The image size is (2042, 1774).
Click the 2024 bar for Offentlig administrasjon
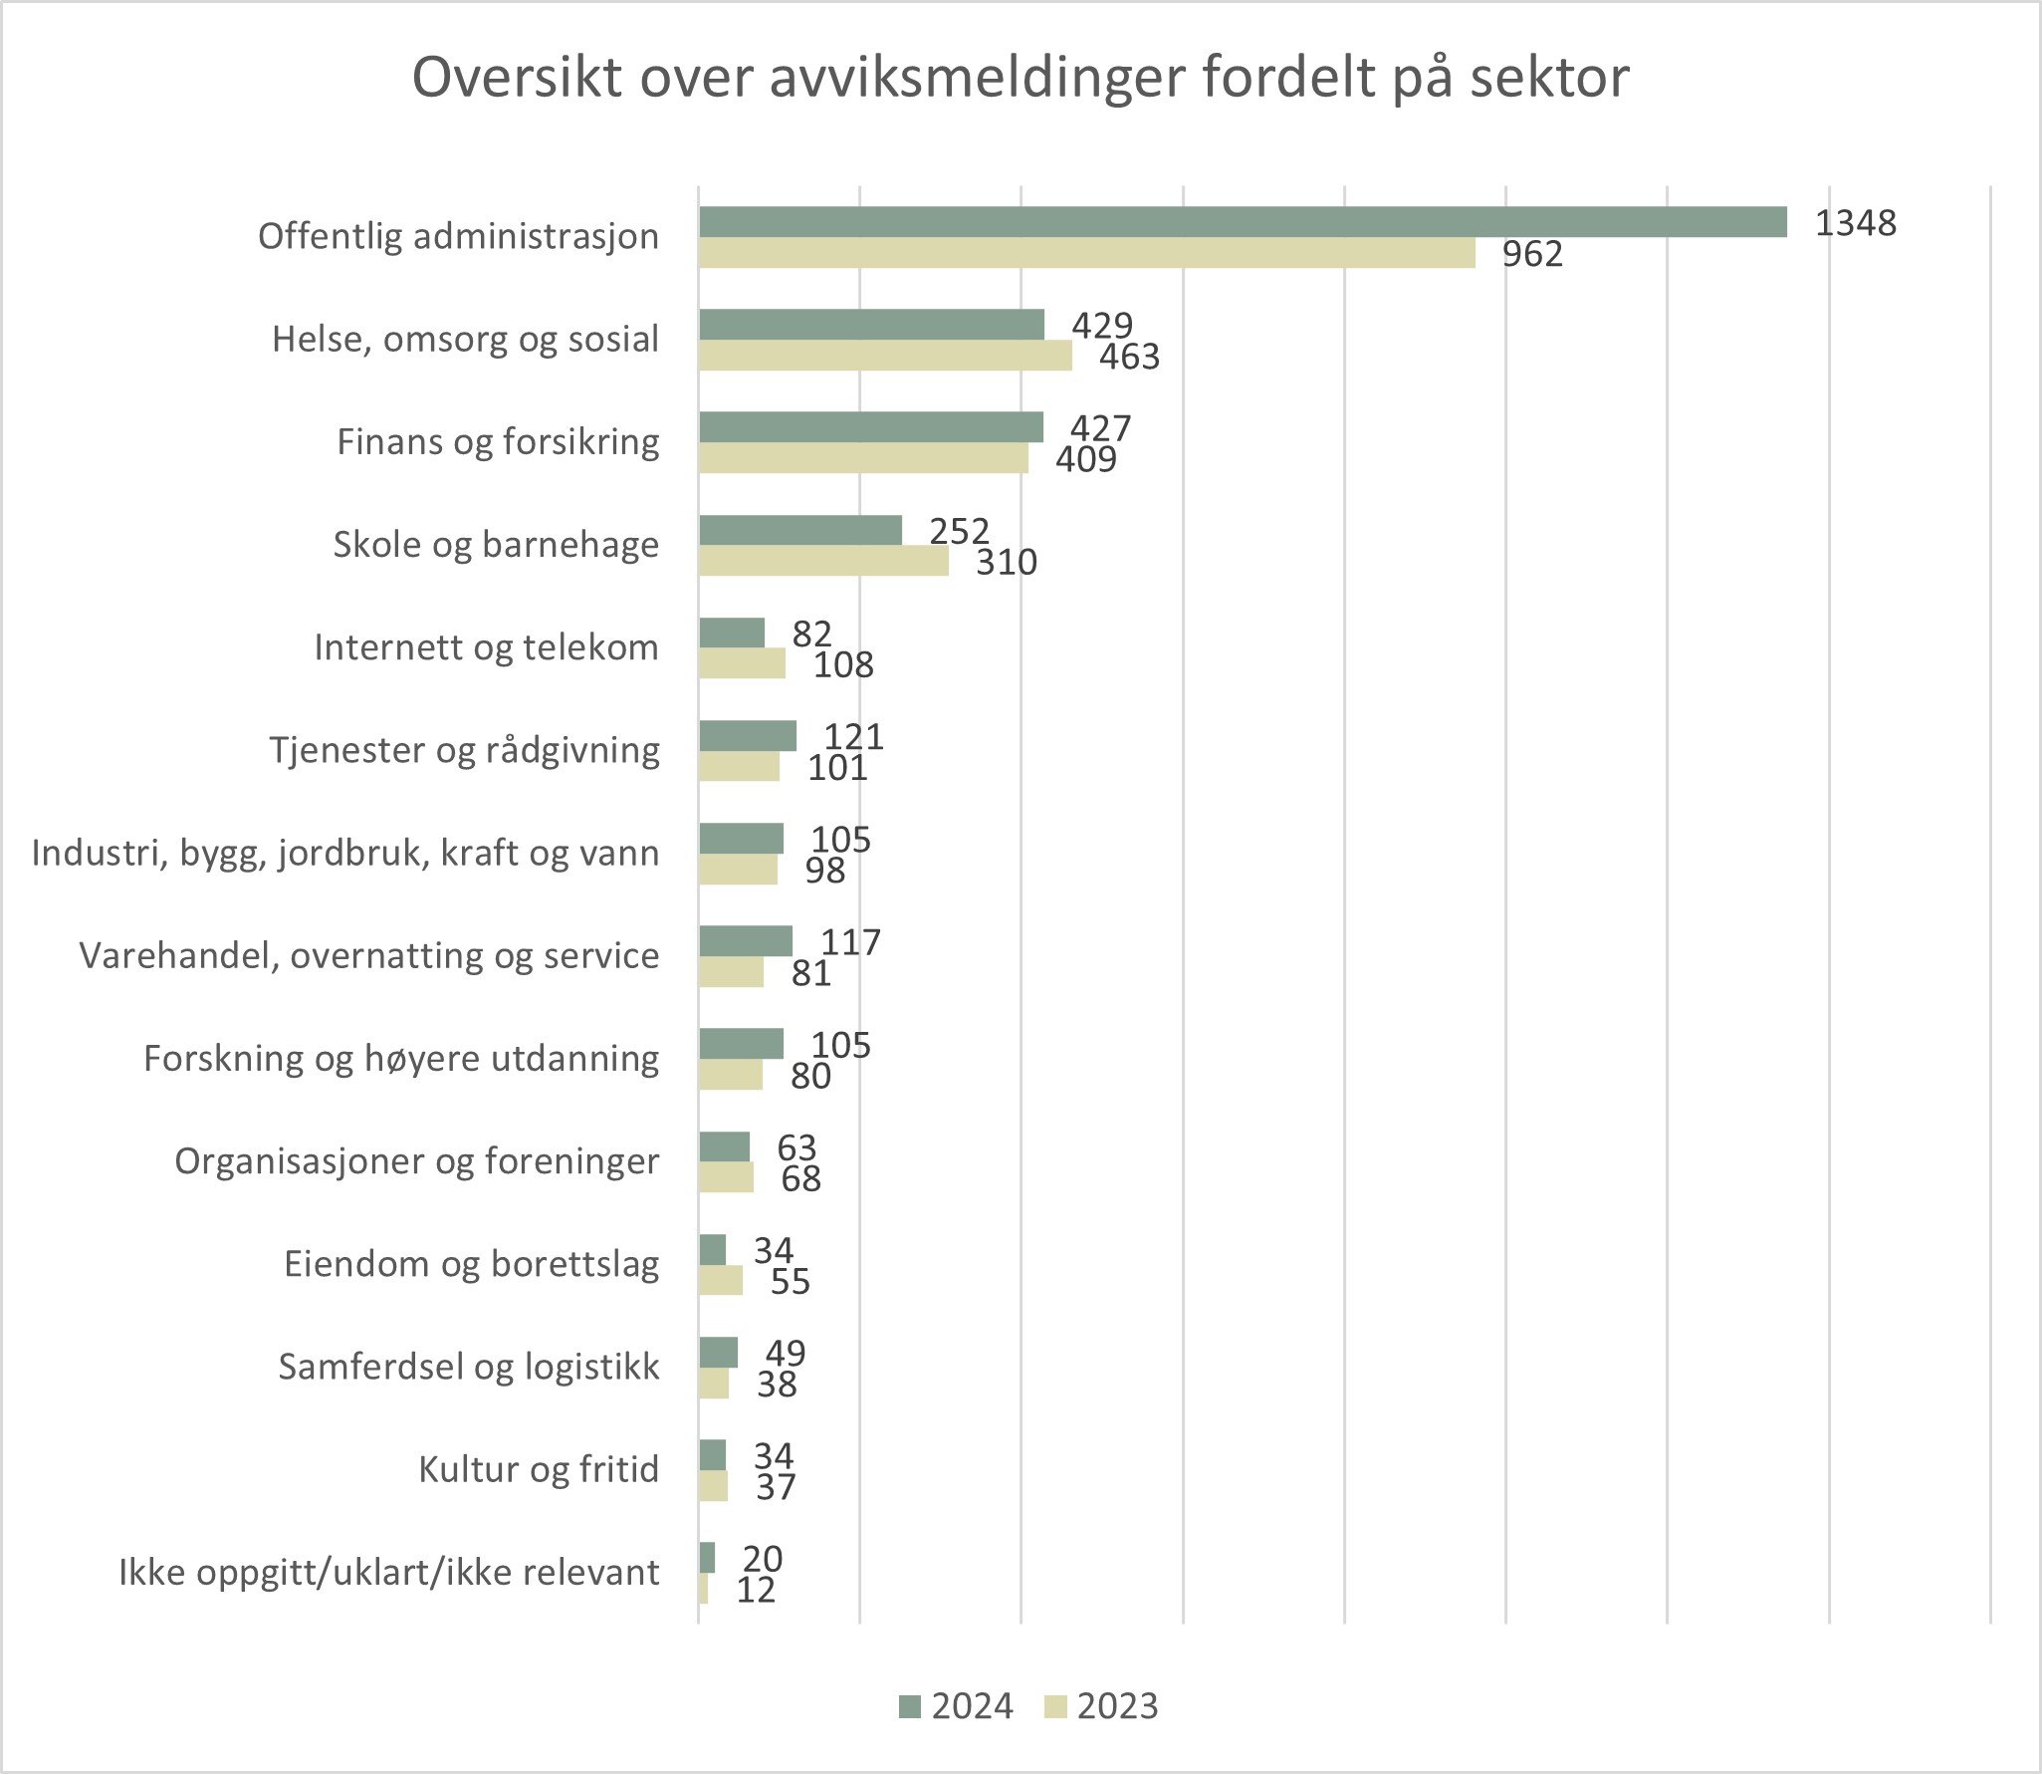(1243, 222)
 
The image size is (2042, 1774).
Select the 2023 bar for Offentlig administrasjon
(1086, 253)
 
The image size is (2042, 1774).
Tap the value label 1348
(1855, 223)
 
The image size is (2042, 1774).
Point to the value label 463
(1129, 357)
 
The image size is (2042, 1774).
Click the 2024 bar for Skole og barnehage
(800, 530)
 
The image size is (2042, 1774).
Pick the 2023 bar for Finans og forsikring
(863, 458)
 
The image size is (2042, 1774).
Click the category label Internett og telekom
(486, 647)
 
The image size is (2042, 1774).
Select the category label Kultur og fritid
(538, 1469)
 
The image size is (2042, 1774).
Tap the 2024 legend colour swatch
(910, 1706)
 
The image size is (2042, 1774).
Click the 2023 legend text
(1117, 1706)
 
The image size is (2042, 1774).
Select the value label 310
(1006, 563)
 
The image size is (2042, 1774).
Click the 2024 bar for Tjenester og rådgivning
(748, 736)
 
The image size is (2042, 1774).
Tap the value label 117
(850, 942)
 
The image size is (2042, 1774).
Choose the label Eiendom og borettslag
(471, 1264)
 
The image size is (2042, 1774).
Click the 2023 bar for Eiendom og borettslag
(721, 1280)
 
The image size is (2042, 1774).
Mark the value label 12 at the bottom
(756, 1590)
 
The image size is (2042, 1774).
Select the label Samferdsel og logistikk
(468, 1367)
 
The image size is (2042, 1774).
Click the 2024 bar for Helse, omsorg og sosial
(871, 325)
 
